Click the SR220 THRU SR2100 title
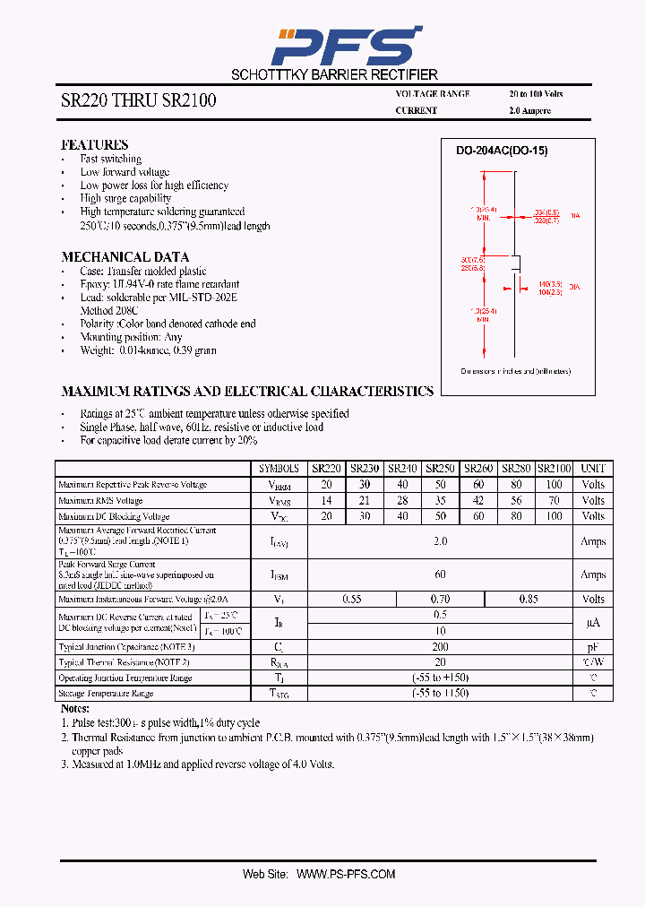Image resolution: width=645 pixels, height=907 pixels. pyautogui.click(x=139, y=101)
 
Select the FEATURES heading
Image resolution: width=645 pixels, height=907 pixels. pyautogui.click(x=94, y=144)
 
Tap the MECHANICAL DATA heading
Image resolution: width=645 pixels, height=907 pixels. pyautogui.click(x=125, y=256)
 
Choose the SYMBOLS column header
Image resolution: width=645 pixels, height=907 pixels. pyautogui.click(x=279, y=468)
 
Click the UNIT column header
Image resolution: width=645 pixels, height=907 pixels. pyautogui.click(x=593, y=468)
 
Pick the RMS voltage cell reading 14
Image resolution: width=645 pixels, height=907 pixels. pyautogui.click(x=326, y=501)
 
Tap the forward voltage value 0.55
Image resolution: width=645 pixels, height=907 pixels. pyautogui.click(x=352, y=599)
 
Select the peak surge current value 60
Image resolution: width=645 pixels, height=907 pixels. pyautogui.click(x=440, y=574)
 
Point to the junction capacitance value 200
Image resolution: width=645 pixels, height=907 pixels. pyautogui.click(x=440, y=646)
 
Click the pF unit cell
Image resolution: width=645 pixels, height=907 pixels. pyautogui.click(x=593, y=646)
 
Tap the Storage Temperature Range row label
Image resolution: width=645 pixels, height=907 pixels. pyautogui.click(x=106, y=693)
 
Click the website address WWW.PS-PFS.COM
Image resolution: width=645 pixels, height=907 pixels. pyautogui.click(x=345, y=873)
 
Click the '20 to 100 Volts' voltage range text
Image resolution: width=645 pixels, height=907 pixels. pyautogui.click(x=536, y=94)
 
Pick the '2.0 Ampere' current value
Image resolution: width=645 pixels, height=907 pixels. pyautogui.click(x=529, y=111)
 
